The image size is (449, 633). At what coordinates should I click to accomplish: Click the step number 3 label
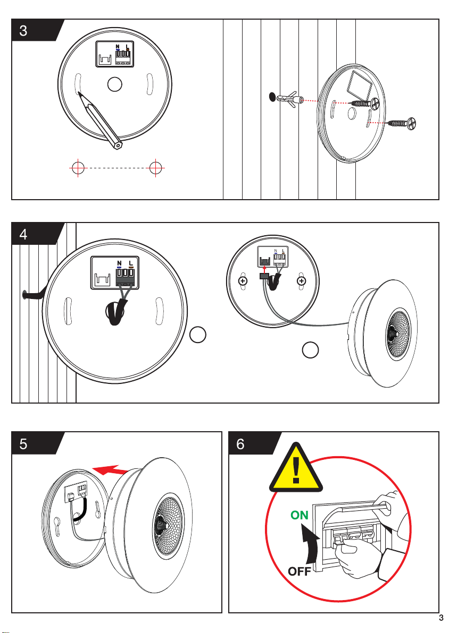(x=23, y=30)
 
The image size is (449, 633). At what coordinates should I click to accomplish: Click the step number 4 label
(x=23, y=234)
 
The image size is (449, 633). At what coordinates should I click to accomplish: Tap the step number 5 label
(x=23, y=443)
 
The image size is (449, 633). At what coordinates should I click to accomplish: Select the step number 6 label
(x=240, y=443)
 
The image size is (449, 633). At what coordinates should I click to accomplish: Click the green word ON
(x=300, y=515)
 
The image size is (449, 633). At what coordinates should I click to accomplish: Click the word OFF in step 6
(x=300, y=571)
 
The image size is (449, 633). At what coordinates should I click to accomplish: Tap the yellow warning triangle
(x=296, y=468)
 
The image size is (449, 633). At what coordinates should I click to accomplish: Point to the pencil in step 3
(x=100, y=121)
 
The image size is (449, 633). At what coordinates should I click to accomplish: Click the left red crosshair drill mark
(x=78, y=167)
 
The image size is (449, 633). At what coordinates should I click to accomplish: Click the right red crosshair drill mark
(x=156, y=167)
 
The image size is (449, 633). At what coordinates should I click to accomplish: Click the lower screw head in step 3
(x=411, y=123)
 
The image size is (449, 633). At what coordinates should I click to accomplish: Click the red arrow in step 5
(x=111, y=470)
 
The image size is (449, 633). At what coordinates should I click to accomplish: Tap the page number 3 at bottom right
(x=441, y=618)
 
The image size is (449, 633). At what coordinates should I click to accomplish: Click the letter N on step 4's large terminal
(x=119, y=263)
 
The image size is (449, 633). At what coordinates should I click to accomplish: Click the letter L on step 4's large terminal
(x=131, y=263)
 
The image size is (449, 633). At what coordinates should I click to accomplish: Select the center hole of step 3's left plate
(x=115, y=84)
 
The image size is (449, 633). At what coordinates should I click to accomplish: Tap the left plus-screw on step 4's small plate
(x=243, y=280)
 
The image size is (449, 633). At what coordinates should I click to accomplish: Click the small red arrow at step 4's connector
(x=264, y=269)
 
